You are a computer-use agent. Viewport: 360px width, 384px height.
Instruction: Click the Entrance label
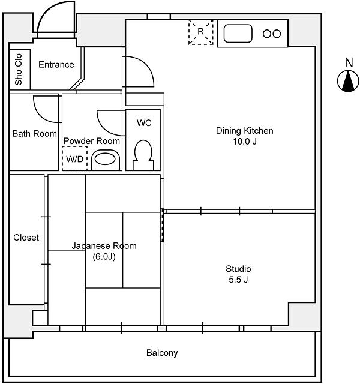[x=56, y=65]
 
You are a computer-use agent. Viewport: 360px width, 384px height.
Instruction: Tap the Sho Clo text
[x=19, y=70]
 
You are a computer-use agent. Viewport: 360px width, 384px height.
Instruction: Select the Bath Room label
[x=35, y=134]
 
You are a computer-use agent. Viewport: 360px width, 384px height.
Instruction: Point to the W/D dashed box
[x=75, y=158]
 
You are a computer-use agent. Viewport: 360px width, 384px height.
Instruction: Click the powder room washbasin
[x=105, y=160]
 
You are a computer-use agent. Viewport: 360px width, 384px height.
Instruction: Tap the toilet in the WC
[x=143, y=155]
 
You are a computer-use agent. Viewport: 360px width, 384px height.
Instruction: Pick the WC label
[x=144, y=122]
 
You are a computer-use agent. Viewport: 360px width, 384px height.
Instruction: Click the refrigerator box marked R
[x=201, y=32]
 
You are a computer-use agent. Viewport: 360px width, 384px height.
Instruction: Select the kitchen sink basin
[x=238, y=34]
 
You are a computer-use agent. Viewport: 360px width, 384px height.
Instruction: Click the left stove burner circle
[x=267, y=34]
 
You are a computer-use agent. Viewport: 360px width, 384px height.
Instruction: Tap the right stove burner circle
[x=277, y=34]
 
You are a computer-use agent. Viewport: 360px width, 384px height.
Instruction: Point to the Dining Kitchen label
[x=244, y=131]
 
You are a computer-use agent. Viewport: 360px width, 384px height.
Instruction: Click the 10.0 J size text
[x=245, y=142]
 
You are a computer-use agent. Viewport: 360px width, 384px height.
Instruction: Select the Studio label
[x=238, y=269]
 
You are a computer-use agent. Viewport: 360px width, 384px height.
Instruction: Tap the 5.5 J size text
[x=238, y=280]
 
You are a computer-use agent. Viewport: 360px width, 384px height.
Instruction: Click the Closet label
[x=26, y=238]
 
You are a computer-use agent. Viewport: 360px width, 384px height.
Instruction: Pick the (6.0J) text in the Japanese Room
[x=104, y=257]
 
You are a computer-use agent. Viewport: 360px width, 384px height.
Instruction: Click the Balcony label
[x=162, y=353]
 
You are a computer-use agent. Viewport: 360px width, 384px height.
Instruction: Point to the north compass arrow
[x=348, y=81]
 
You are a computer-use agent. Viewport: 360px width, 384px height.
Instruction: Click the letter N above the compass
[x=349, y=62]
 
